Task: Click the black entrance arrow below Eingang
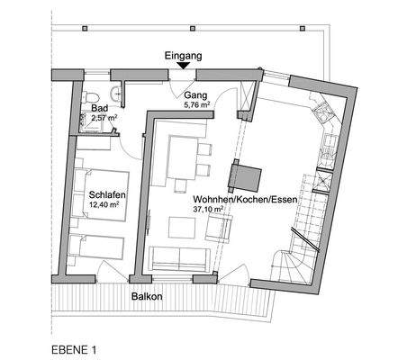(x=184, y=63)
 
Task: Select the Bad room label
(x=99, y=109)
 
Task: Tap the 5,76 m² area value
(x=196, y=103)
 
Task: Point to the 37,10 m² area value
(x=209, y=209)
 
